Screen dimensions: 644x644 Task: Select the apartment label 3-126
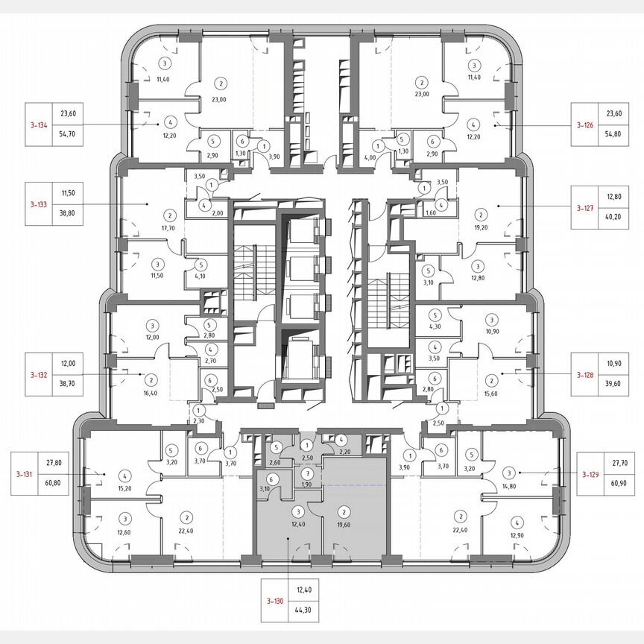coord(584,125)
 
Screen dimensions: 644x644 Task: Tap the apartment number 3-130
coord(275,602)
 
